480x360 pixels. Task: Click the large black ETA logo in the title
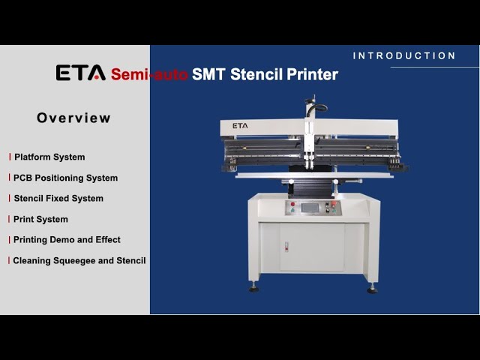coord(81,73)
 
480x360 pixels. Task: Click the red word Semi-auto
coord(149,74)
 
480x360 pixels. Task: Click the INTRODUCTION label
coord(404,55)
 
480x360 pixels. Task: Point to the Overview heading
coord(73,118)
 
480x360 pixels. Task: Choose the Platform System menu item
coord(49,157)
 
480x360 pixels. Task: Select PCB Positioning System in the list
coord(65,178)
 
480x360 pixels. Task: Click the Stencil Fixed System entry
coord(58,199)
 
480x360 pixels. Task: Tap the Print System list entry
coord(40,220)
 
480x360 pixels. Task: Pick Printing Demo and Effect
coord(67,240)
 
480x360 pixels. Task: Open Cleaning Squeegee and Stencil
coord(79,261)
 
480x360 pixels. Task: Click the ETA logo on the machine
coord(240,126)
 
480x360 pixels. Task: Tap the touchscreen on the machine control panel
coord(309,207)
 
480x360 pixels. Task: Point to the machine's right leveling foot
coord(372,288)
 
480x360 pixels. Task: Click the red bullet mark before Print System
coord(10,220)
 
